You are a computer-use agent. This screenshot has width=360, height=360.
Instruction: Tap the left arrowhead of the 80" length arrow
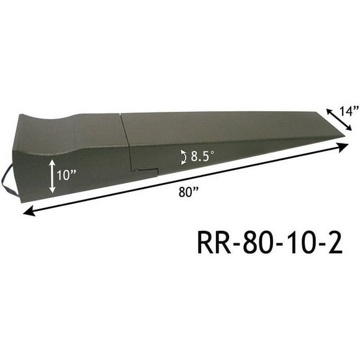point(27,213)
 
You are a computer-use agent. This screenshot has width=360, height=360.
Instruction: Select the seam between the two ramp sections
point(126,146)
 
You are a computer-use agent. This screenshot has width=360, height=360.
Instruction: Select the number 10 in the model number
point(294,243)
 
